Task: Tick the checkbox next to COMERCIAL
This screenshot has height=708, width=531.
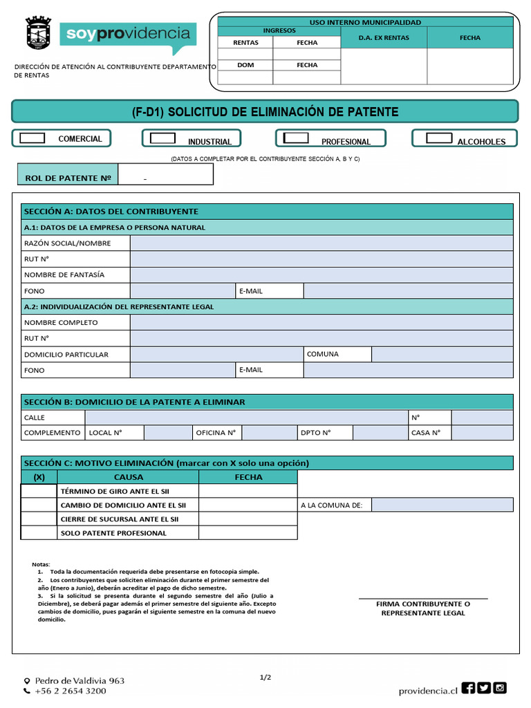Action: [x=32, y=138]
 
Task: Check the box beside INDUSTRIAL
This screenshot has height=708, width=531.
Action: [x=162, y=138]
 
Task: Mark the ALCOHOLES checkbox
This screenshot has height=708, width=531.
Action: [x=439, y=138]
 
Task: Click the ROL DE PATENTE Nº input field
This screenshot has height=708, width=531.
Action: [x=166, y=176]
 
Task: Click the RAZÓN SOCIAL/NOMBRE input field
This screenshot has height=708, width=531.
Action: [x=322, y=243]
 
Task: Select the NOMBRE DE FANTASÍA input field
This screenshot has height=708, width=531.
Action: [x=322, y=275]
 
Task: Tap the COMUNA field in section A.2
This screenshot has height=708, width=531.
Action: [x=442, y=355]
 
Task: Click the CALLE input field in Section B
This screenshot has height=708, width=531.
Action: [x=245, y=418]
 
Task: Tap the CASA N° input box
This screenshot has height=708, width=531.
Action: [x=482, y=434]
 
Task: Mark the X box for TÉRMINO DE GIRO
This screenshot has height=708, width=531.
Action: [x=39, y=492]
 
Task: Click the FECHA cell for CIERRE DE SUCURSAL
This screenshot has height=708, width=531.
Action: [x=248, y=519]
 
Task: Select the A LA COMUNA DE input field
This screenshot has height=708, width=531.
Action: [x=442, y=505]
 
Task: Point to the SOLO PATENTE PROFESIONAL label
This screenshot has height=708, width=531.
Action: [x=114, y=533]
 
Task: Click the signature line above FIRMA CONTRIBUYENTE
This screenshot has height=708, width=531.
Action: [x=423, y=598]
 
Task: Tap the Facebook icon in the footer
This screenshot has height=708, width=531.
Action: [x=468, y=688]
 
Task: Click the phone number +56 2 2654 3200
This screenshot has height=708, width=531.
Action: [x=71, y=691]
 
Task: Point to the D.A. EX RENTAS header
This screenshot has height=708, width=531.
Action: [x=384, y=38]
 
